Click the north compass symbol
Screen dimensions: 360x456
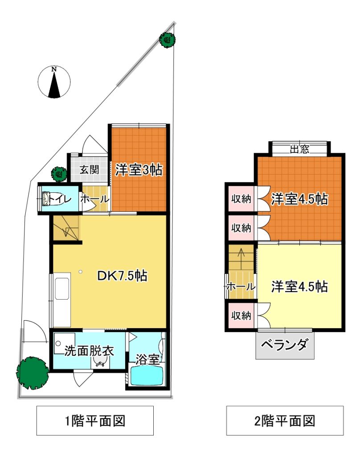(54, 82)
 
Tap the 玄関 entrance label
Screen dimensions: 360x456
(90, 169)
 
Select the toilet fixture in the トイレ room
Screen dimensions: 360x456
(51, 199)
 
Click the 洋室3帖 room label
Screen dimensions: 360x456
(139, 170)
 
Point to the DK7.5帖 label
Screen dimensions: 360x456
(122, 276)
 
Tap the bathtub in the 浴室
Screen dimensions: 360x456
(147, 375)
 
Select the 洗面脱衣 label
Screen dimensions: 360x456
(89, 351)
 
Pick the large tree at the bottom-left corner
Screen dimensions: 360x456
(33, 373)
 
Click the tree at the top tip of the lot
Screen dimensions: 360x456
(168, 40)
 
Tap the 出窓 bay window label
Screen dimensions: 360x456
(299, 149)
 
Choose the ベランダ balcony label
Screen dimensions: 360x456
(284, 345)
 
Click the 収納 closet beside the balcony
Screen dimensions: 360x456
(241, 316)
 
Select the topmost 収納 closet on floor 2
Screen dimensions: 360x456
(241, 199)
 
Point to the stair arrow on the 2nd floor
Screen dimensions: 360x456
(241, 256)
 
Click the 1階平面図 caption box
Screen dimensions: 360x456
(95, 420)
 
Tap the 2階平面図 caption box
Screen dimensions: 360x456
(285, 420)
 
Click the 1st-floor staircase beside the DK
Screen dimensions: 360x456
(66, 228)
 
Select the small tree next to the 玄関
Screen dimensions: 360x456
(59, 174)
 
